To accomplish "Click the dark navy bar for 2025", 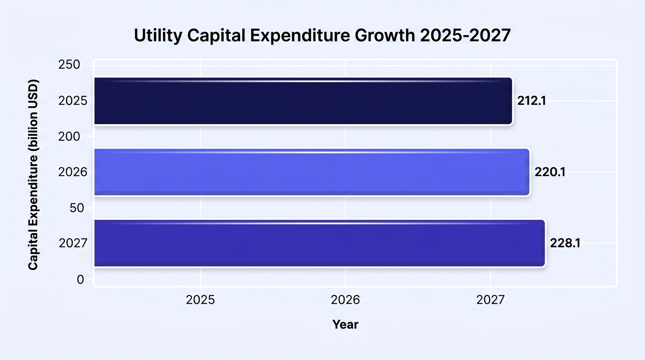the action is tap(303, 101).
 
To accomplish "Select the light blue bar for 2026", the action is tap(312, 172).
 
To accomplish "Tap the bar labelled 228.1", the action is tap(320, 243).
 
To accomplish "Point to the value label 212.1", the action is tap(532, 101).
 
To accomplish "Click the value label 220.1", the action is tap(550, 172).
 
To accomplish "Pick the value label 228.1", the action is tap(565, 243).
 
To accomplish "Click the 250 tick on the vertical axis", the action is tap(69, 65).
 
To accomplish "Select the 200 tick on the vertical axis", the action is tap(69, 136).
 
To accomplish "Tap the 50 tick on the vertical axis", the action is tap(77, 208).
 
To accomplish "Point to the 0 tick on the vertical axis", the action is tap(80, 279).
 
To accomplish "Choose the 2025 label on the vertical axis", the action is tap(73, 101).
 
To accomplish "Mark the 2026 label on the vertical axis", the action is tap(73, 172).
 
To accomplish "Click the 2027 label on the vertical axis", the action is tap(73, 243).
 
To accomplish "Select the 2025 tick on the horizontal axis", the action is tap(201, 300).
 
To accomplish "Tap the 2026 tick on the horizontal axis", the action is tap(345, 300).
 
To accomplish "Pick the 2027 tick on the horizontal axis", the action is tap(490, 300).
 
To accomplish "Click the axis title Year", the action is tap(345, 324).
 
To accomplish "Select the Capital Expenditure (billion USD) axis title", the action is tap(33, 174).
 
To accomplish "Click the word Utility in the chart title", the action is tap(158, 36).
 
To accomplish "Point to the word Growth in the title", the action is tap(385, 36).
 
